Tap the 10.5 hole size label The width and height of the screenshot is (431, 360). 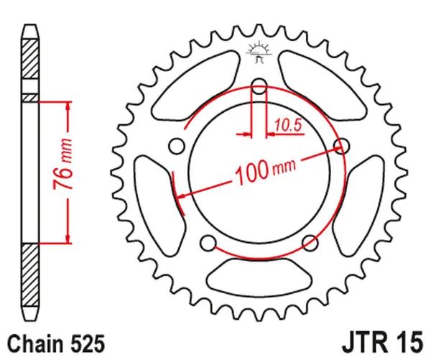click(287, 126)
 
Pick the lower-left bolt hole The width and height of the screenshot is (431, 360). click(209, 242)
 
